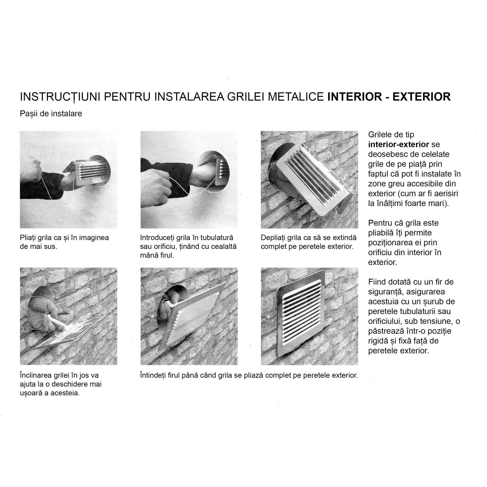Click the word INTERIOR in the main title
pyautogui.click(x=355, y=97)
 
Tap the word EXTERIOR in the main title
pyautogui.click(x=421, y=97)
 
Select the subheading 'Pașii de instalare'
pyautogui.click(x=51, y=114)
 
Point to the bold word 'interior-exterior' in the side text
pyautogui.click(x=399, y=144)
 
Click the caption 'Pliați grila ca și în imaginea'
pyautogui.click(x=64, y=238)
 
